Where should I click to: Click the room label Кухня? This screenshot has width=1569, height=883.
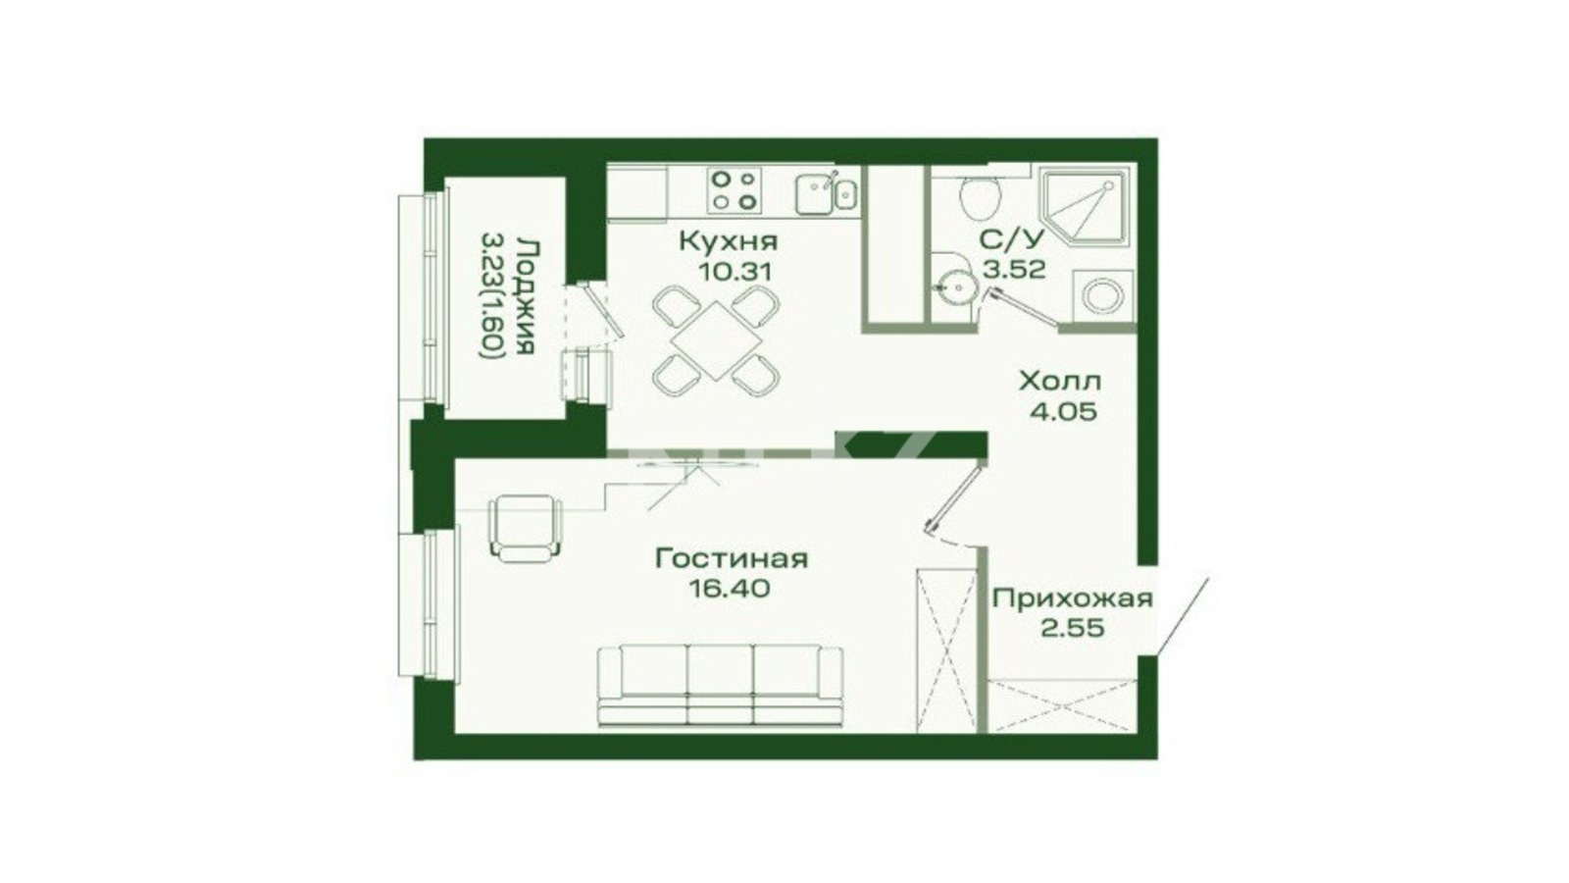point(729,241)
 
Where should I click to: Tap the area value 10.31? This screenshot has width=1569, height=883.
point(734,271)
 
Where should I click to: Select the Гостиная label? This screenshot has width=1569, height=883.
point(732,558)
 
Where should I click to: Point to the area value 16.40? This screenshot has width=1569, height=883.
point(730,588)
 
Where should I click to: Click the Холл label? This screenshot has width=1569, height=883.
point(1060,382)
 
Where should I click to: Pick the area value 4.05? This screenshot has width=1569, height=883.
point(1063,411)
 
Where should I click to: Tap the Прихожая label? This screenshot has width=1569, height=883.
point(1073,599)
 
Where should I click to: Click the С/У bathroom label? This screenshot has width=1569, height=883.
point(1011,239)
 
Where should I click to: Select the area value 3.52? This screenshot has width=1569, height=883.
point(1014,269)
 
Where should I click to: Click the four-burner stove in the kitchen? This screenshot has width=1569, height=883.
point(734,190)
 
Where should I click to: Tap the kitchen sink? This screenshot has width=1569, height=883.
point(825,192)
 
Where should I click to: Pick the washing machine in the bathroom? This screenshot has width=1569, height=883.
point(1103,296)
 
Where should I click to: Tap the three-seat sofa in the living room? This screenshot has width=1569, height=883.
point(721,686)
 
